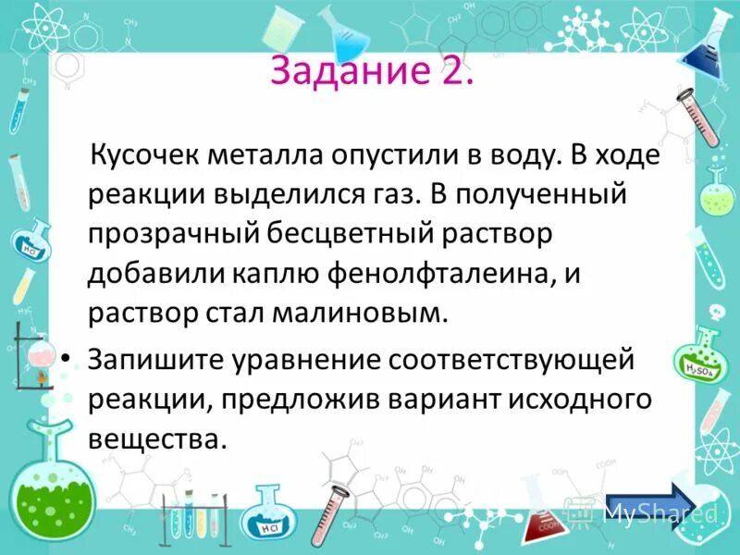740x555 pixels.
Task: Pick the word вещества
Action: (157, 438)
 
